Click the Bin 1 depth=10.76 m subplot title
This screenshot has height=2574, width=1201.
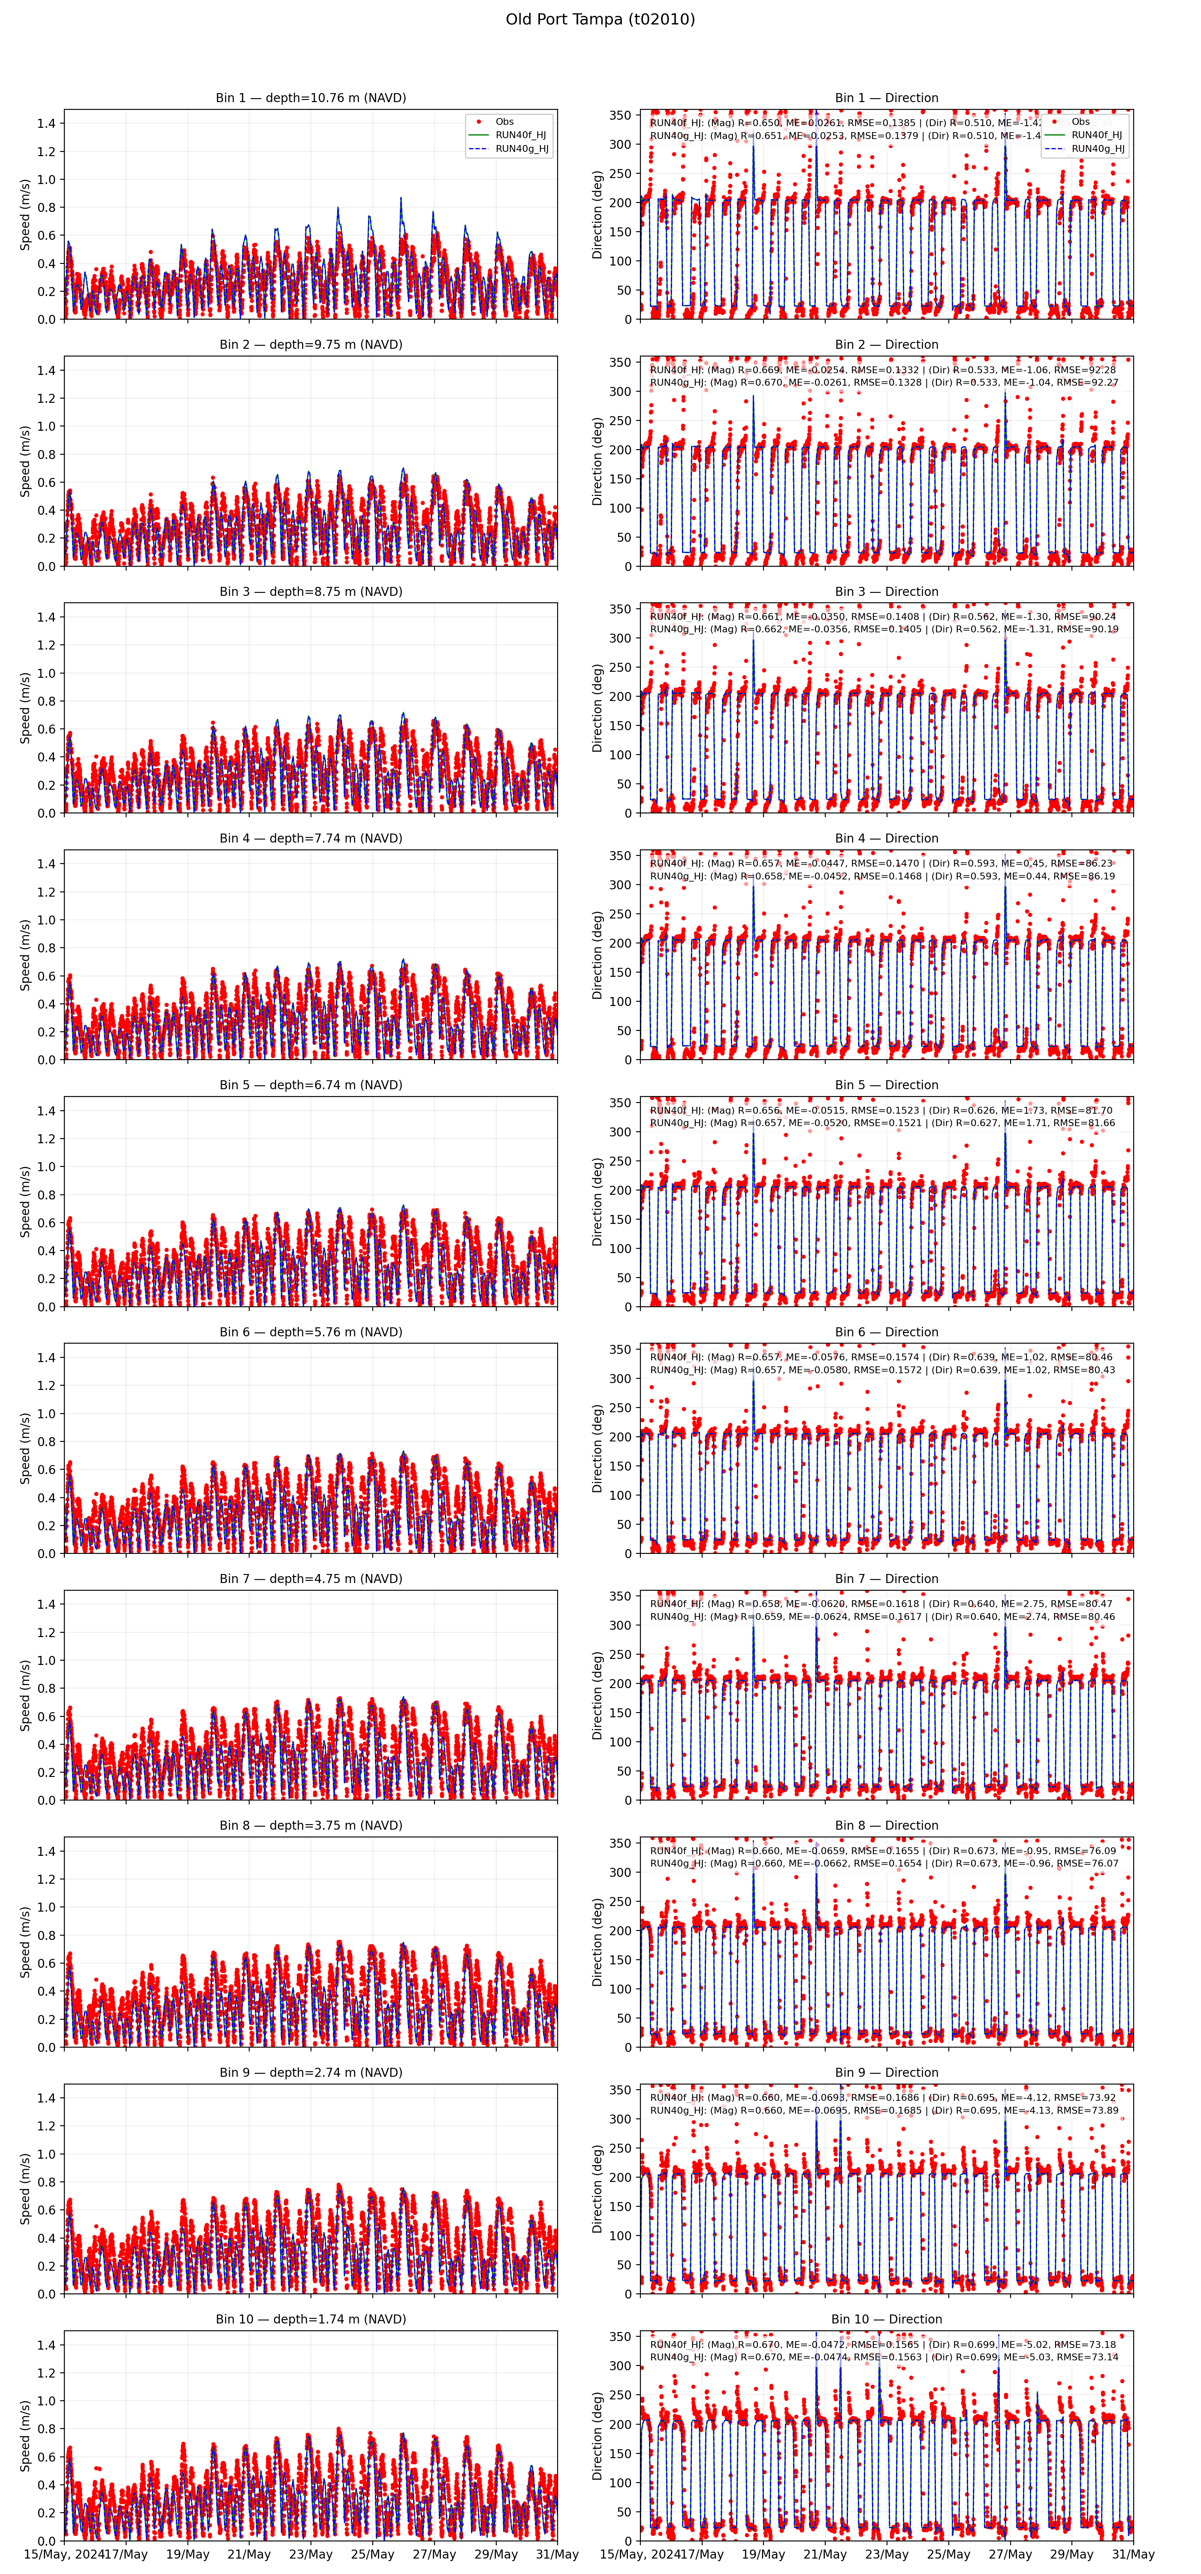point(311,98)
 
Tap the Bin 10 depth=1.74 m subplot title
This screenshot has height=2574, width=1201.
point(311,2319)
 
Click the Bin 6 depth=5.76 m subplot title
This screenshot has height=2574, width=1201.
point(311,1332)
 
